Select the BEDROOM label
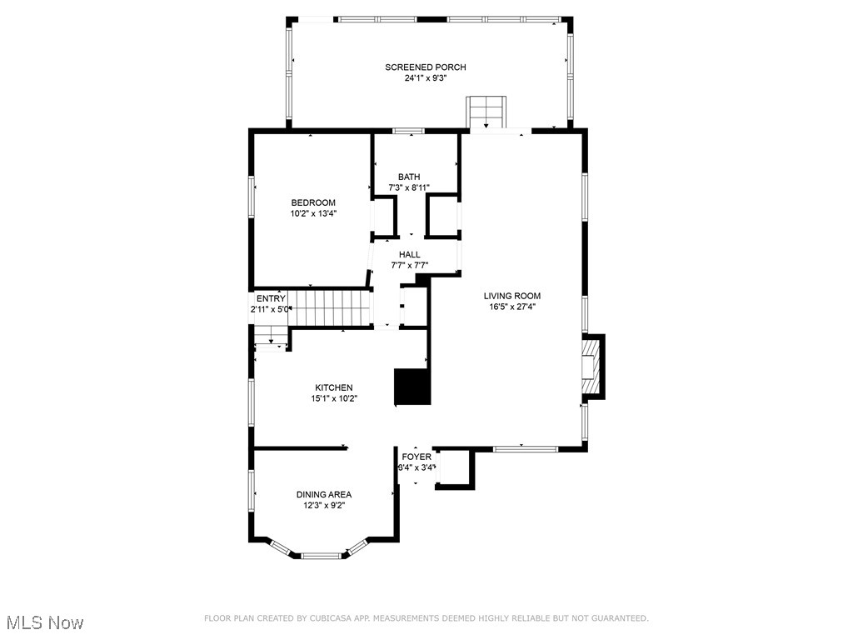point(312,202)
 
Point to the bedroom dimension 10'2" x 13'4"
point(312,213)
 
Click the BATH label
point(409,177)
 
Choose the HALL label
point(409,255)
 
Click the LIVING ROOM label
point(512,296)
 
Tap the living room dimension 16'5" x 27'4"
point(512,307)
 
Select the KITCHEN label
point(333,387)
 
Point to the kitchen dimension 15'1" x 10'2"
point(333,398)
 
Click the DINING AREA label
point(324,494)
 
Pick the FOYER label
point(417,457)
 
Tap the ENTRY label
point(271,298)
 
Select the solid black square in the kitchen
point(412,387)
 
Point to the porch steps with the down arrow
point(486,112)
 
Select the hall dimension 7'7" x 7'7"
point(409,266)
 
